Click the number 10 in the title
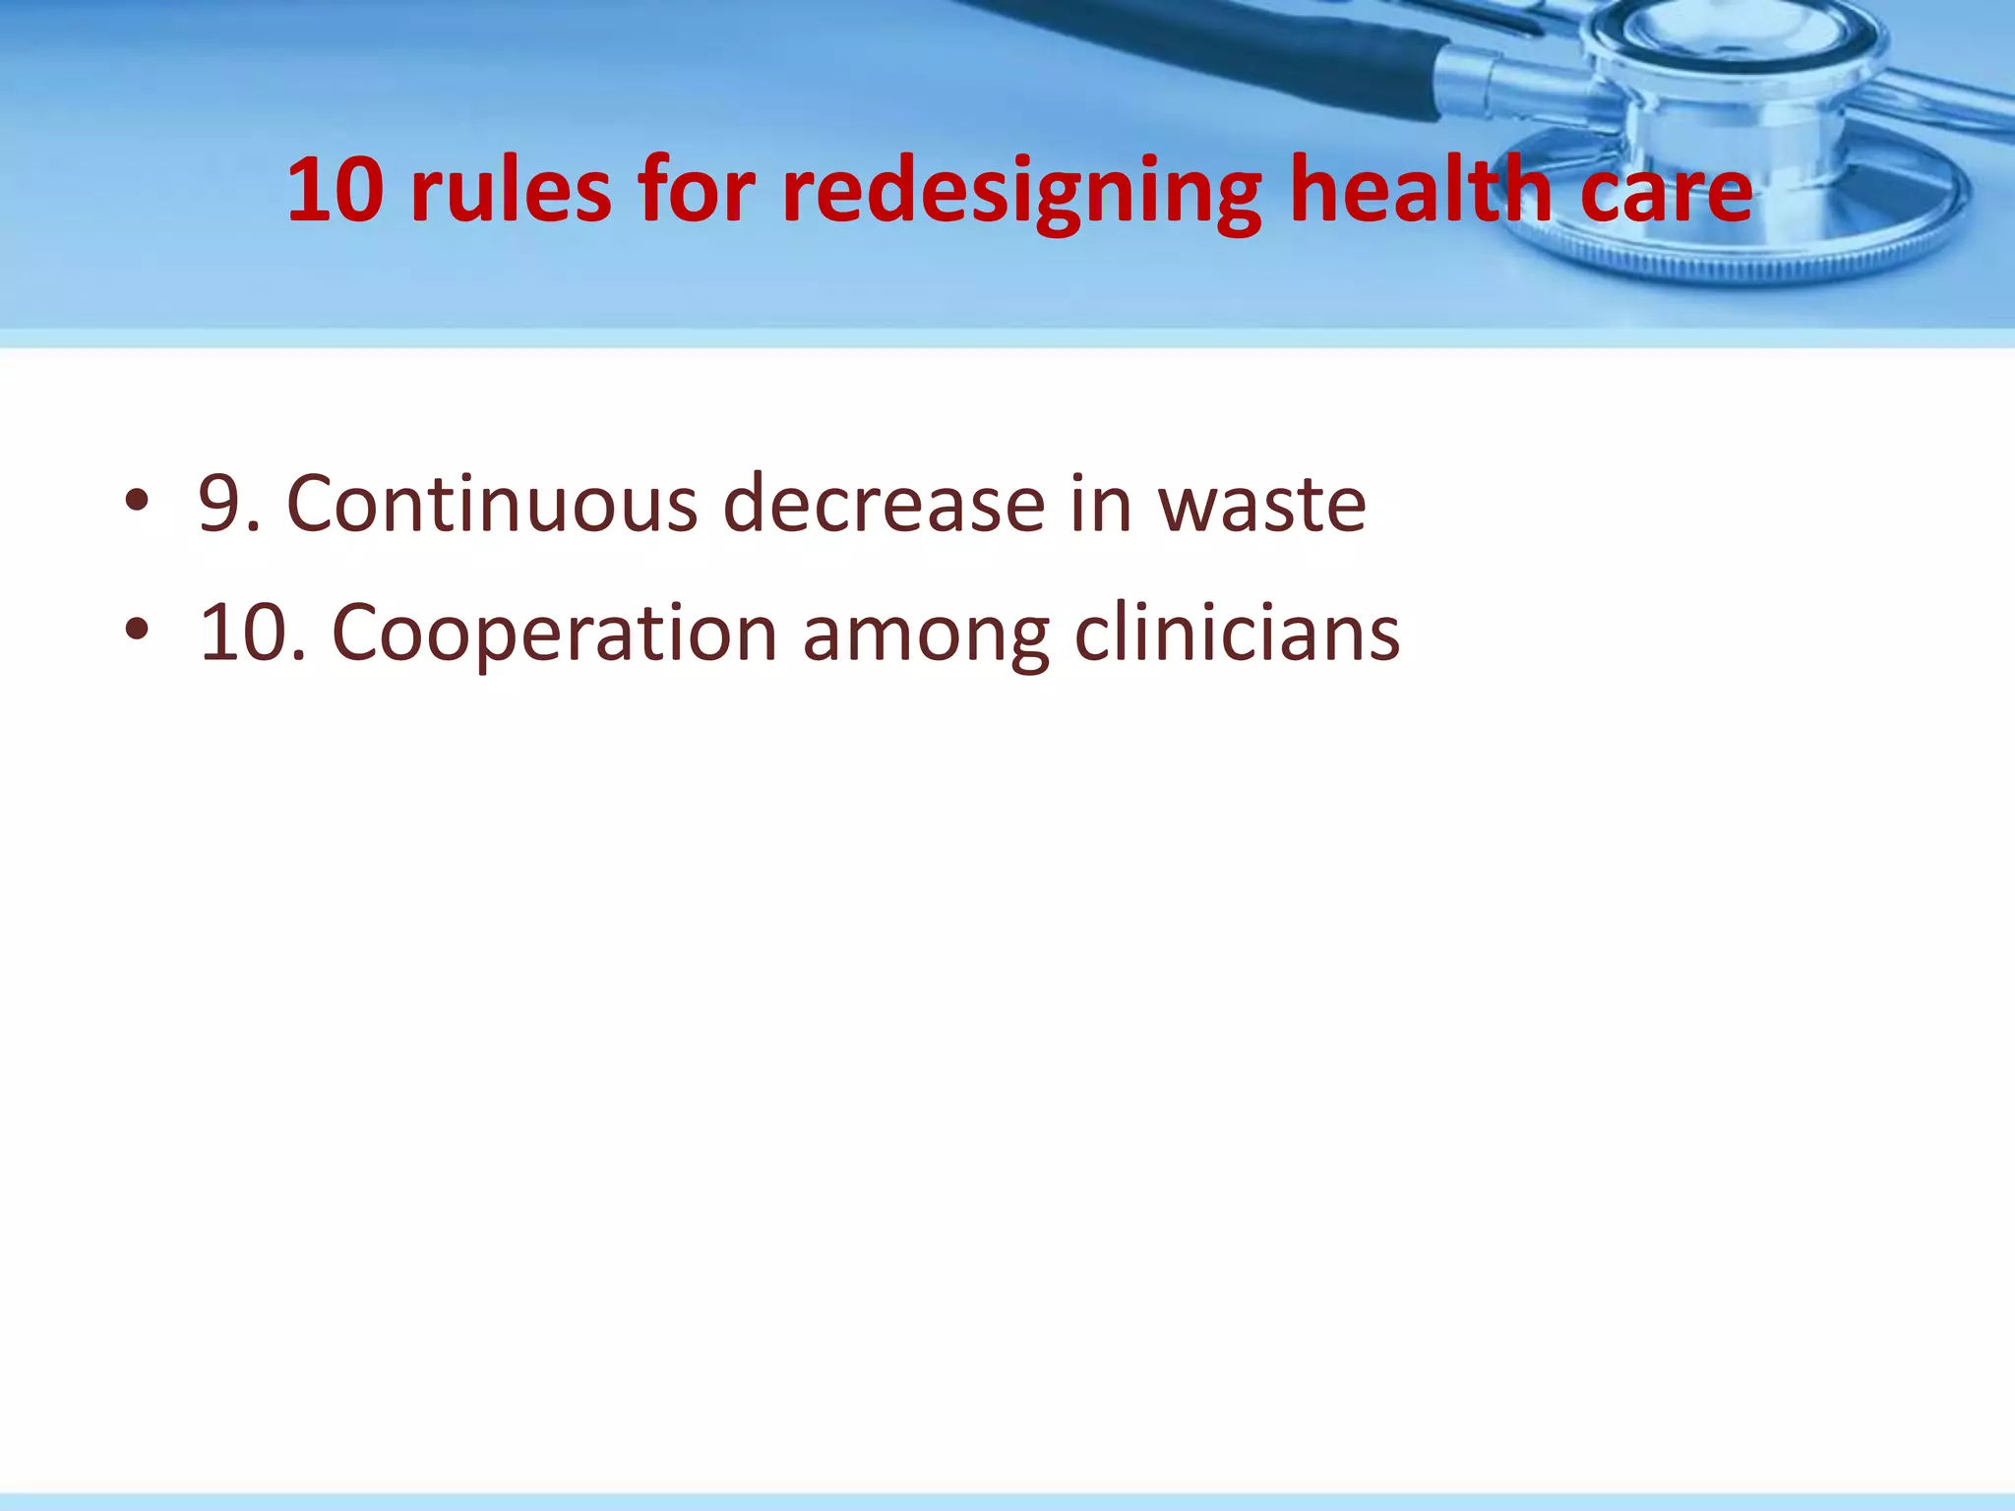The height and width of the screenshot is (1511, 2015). pos(335,190)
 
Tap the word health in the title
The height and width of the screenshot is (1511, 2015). pos(1421,190)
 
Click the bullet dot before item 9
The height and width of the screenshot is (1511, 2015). pos(137,503)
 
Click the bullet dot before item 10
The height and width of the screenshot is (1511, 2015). pos(137,631)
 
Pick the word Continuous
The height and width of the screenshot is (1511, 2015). pos(492,504)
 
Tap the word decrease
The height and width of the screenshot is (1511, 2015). pos(884,504)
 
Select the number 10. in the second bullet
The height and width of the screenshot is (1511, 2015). pos(254,633)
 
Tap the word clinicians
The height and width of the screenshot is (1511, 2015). pos(1237,633)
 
